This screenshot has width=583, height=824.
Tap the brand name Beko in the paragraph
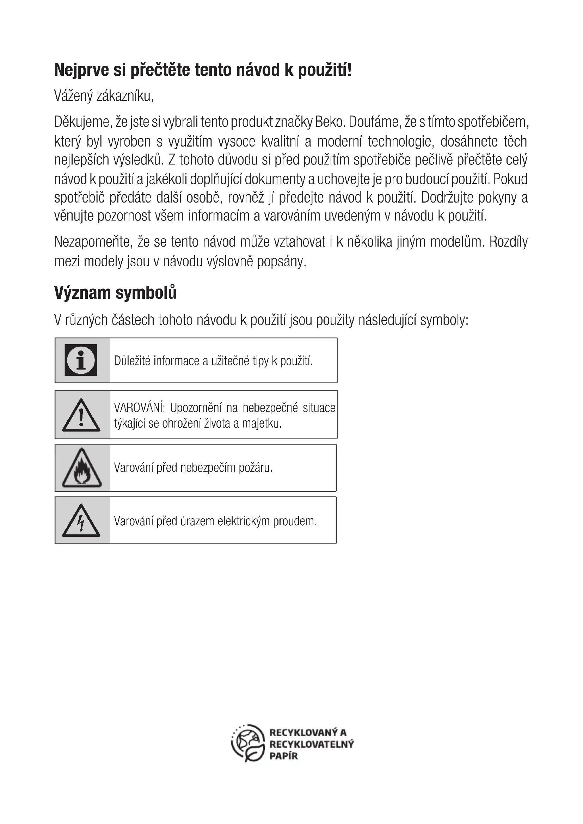330,122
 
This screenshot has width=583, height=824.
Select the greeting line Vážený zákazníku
104,96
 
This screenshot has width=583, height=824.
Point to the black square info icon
81,360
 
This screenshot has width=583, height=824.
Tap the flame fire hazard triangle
81,468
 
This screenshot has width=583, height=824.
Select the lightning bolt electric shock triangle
81,521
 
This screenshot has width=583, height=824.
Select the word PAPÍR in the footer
284,756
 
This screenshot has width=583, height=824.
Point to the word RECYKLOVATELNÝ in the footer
311,744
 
